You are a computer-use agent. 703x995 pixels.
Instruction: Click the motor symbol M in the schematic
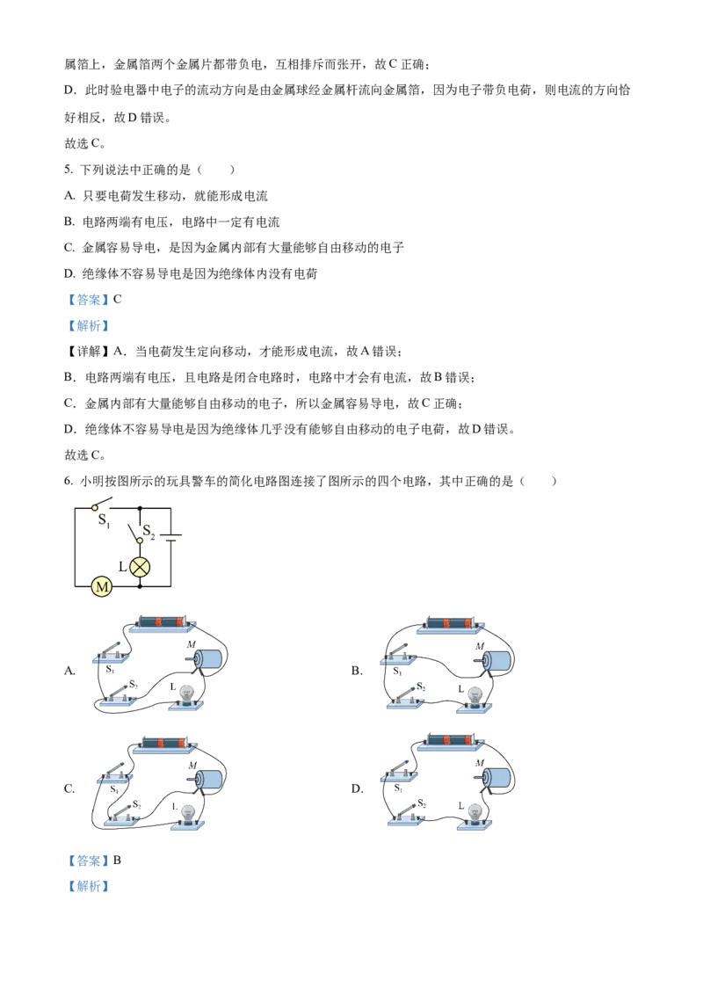point(101,585)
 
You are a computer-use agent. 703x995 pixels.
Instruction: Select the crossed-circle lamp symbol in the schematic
point(140,566)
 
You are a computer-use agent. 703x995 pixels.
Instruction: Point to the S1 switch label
point(104,520)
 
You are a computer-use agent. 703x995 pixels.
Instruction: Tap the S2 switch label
point(149,532)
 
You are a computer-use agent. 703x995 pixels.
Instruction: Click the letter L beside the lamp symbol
point(123,567)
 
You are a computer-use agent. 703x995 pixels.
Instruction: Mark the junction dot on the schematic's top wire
point(140,508)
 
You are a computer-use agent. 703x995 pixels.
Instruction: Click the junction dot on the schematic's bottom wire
point(140,585)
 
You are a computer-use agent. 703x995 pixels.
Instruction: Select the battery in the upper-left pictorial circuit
point(162,622)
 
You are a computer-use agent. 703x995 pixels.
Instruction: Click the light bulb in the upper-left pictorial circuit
point(186,694)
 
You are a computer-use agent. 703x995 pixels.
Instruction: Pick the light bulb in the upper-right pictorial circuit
point(475,695)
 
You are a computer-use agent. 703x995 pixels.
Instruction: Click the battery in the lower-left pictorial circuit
point(163,744)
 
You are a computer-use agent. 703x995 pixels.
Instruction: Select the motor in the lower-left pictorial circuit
point(208,778)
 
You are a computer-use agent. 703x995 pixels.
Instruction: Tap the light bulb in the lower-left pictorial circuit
point(187,814)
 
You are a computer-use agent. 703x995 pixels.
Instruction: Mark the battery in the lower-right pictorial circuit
point(451,741)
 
